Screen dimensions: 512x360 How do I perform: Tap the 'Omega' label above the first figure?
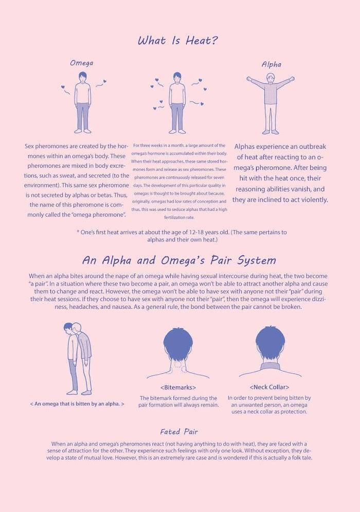pos(81,63)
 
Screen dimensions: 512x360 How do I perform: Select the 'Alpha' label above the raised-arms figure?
pos(271,64)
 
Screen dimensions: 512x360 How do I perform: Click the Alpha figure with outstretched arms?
pos(271,103)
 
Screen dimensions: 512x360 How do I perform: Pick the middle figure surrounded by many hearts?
pos(177,101)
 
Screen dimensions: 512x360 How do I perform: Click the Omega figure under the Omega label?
pos(82,101)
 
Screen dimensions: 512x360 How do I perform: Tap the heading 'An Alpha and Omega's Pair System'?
pos(179,260)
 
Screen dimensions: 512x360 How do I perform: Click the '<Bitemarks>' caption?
pos(178,387)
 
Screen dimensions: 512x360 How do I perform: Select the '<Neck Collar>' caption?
pos(269,387)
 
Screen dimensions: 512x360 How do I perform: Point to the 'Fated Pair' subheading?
pos(178,432)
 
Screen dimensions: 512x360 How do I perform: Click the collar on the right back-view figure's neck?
pos(270,366)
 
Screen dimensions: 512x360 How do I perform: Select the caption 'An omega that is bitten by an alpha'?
pos(77,404)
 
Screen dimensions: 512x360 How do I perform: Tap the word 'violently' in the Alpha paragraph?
pos(309,200)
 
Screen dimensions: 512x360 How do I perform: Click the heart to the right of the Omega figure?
pos(104,81)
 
